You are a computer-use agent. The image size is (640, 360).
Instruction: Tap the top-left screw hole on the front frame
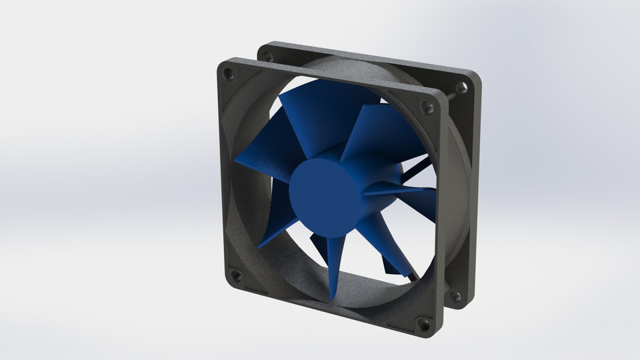coord(229,71)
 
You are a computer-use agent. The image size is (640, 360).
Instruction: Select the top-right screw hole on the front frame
coord(427,107)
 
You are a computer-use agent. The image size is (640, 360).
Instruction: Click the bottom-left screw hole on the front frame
coord(235,274)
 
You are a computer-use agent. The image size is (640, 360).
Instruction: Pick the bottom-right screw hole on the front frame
coord(423,325)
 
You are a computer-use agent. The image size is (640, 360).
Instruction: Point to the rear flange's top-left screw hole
coord(269,56)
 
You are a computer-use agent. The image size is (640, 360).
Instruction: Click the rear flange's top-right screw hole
coord(463,87)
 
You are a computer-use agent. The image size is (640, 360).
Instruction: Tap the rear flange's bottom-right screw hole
coord(456,295)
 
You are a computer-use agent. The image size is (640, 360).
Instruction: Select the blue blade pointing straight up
coord(313,120)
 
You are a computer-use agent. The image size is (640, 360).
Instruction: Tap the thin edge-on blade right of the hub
coord(400,190)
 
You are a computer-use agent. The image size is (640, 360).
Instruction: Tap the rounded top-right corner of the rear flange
coord(475,77)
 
